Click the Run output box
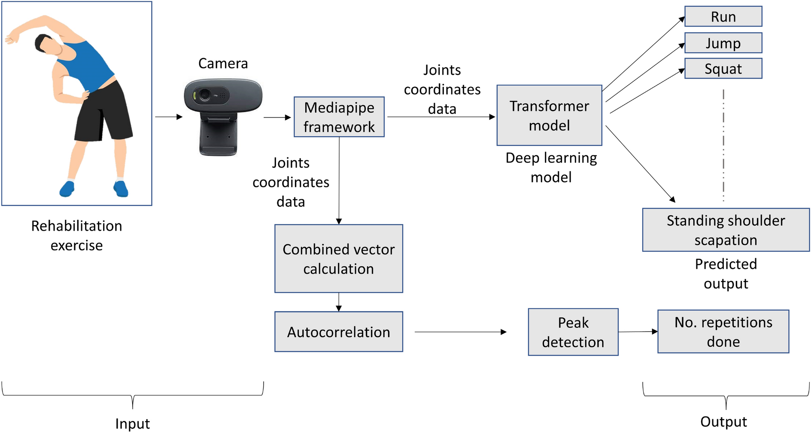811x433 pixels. [723, 17]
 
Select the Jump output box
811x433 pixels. [723, 43]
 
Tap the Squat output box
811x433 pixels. [723, 69]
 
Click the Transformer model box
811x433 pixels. [549, 116]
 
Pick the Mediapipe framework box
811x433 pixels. [339, 117]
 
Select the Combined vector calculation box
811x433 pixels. [338, 259]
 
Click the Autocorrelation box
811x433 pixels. [338, 332]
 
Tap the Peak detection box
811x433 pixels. [573, 332]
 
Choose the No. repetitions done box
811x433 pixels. [723, 332]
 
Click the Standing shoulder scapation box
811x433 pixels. [726, 230]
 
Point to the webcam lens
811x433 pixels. [205, 95]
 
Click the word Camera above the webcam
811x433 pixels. [223, 64]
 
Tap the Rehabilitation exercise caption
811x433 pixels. [76, 235]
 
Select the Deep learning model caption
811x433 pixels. [551, 168]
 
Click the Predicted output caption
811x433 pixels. [726, 274]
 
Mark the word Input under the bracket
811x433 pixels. [132, 424]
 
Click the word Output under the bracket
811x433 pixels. [723, 421]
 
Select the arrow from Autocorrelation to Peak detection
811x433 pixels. [460, 332]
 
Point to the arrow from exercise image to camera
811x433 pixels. [168, 117]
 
